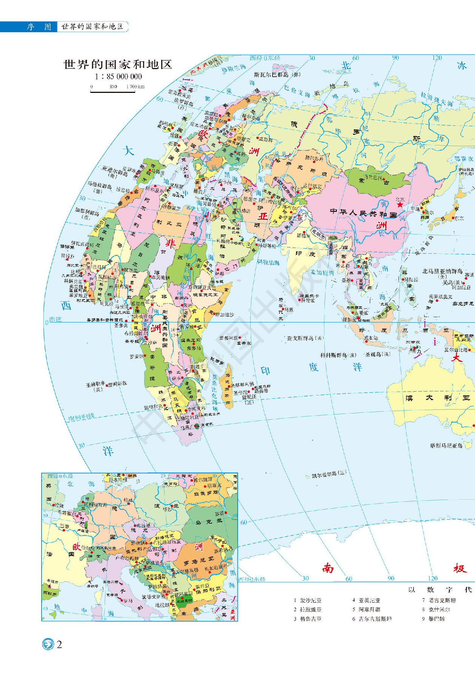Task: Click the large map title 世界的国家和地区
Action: tap(118, 65)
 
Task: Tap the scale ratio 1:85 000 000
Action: tap(118, 77)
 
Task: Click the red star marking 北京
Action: tap(399, 205)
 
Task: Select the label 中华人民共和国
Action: tap(363, 213)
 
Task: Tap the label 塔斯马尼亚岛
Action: tap(446, 446)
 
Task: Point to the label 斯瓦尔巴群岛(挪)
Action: tap(278, 75)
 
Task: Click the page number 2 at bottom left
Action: tap(59, 644)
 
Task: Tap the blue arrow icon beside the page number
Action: tap(48, 644)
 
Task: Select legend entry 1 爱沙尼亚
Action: tap(308, 600)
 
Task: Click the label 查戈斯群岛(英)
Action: tap(305, 338)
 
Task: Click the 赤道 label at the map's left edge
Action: tap(55, 319)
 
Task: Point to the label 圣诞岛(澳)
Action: tap(378, 354)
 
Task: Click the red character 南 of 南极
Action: tap(328, 568)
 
